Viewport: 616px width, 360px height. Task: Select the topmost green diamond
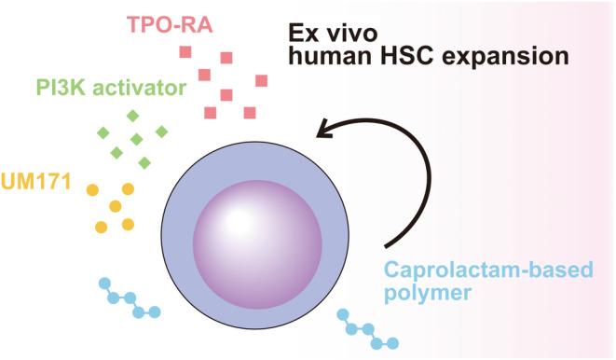pyautogui.click(x=132, y=116)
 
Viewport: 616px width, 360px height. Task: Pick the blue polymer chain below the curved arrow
pyautogui.click(x=368, y=328)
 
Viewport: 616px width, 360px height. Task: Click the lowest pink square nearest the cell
pyautogui.click(x=211, y=113)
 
